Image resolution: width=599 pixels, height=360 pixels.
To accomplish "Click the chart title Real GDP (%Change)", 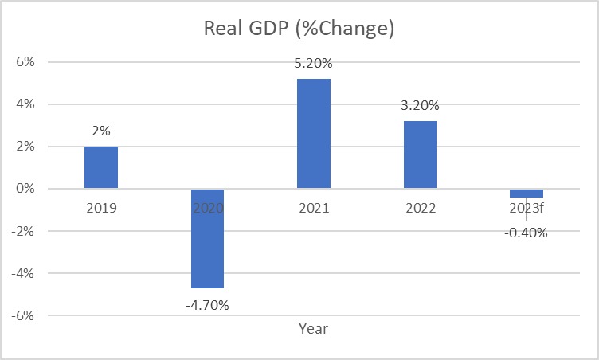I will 299,29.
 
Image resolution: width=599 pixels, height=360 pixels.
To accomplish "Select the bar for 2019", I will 101,167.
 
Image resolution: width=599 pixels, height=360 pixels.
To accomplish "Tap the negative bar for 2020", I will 207,238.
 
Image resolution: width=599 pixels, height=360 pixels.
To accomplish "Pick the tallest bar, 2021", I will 314,134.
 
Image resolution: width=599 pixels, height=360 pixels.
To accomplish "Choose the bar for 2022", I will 420,155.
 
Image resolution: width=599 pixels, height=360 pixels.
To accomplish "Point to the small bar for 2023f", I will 527,193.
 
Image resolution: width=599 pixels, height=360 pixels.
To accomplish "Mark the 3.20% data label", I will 420,107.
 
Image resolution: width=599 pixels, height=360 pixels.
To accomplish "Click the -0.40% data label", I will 527,233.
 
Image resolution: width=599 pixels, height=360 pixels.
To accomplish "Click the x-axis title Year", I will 313,328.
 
